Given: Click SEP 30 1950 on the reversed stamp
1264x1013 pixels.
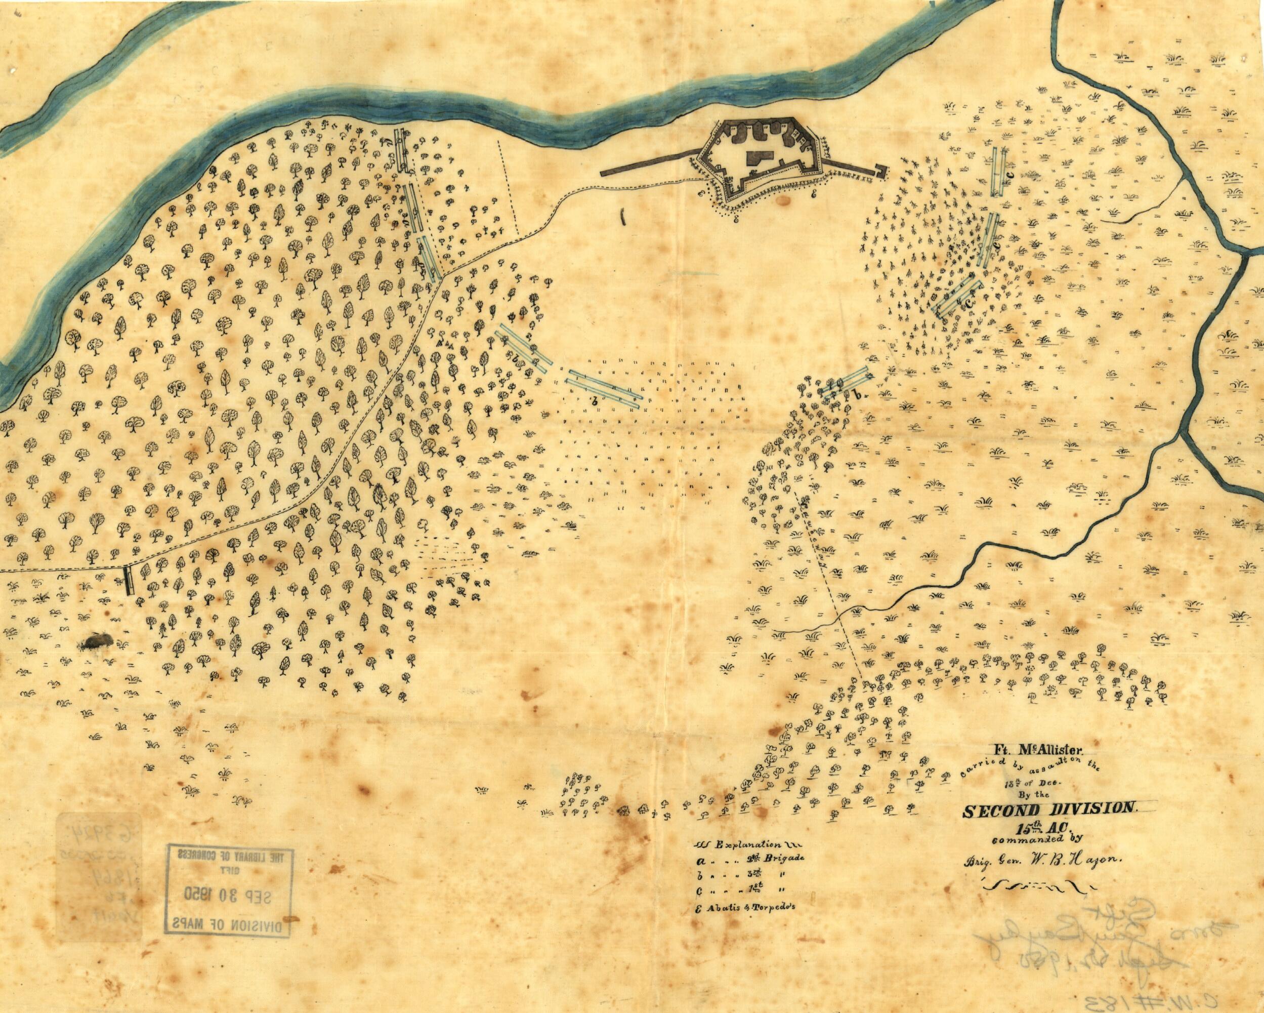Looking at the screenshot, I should [229, 895].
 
